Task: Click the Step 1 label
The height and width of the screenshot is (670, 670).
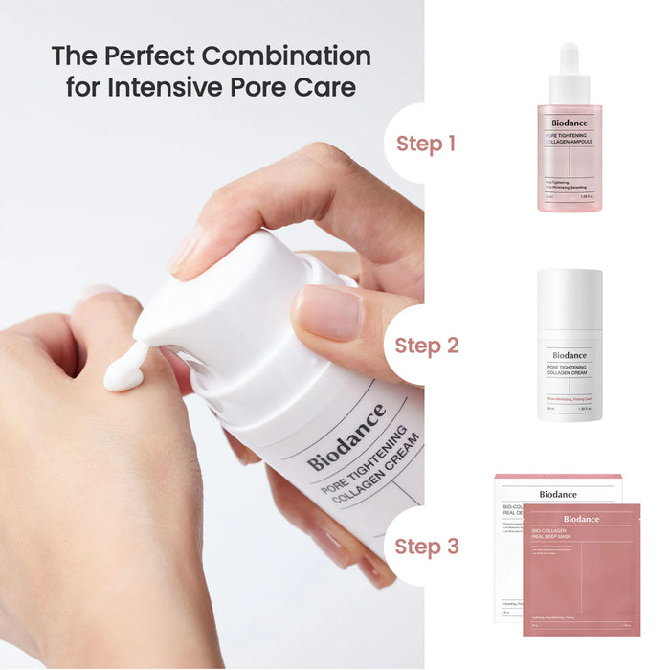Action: point(426,145)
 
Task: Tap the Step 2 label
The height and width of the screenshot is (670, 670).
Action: point(426,346)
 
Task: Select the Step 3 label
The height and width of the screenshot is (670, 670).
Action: point(426,547)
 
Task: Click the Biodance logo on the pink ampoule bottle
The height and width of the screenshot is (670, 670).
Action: point(569,122)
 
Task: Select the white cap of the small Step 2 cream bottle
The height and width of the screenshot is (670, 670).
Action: point(569,298)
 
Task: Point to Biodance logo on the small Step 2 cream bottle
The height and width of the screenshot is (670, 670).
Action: point(569,354)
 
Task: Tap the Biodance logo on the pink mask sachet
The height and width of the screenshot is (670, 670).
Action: point(581,519)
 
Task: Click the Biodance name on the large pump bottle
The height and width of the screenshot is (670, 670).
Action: point(346,437)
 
